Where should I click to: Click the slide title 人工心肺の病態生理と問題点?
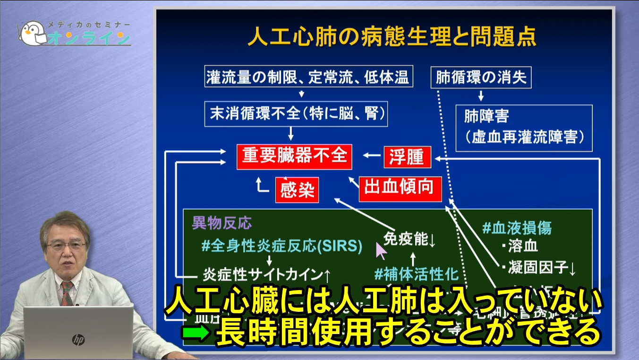tap(392, 37)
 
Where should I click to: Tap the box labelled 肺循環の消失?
tap(481, 77)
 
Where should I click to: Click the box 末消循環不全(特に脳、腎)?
tap(296, 113)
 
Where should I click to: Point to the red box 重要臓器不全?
tap(295, 156)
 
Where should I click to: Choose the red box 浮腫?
tap(407, 156)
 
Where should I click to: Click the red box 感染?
tap(297, 190)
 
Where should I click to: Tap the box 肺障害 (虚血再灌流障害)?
tap(524, 128)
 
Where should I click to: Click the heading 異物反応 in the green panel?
tap(222, 223)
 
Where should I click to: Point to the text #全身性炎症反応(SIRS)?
tap(281, 246)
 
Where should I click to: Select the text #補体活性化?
tap(416, 274)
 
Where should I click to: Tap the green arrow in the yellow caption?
tap(195, 334)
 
